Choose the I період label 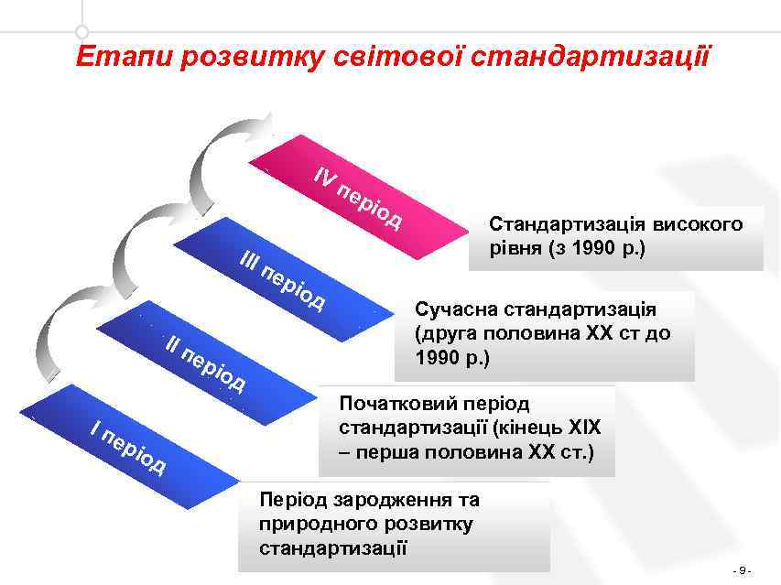point(128,446)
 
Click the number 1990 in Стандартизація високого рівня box point(580,247)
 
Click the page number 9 point(743,571)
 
